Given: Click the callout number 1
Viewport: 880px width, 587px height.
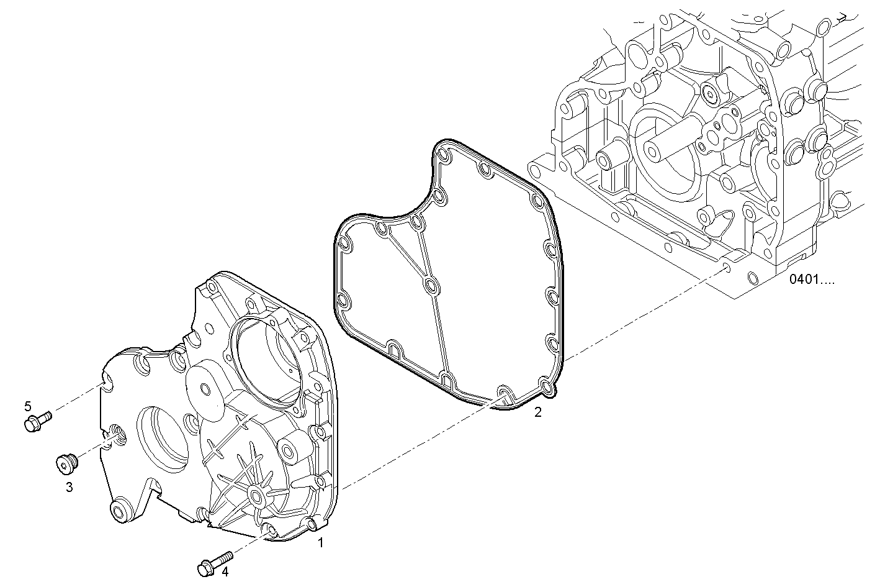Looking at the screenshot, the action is coord(321,543).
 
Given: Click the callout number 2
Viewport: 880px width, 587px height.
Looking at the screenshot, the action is coord(538,412).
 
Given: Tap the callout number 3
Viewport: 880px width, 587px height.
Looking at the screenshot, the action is coord(69,488).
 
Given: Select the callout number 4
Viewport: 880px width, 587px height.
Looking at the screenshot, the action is coord(225,572).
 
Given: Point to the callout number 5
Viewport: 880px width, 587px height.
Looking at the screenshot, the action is coord(27,406).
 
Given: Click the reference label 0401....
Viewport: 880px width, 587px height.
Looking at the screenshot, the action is coord(812,280).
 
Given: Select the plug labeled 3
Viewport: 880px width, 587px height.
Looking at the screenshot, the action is coord(66,463).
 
